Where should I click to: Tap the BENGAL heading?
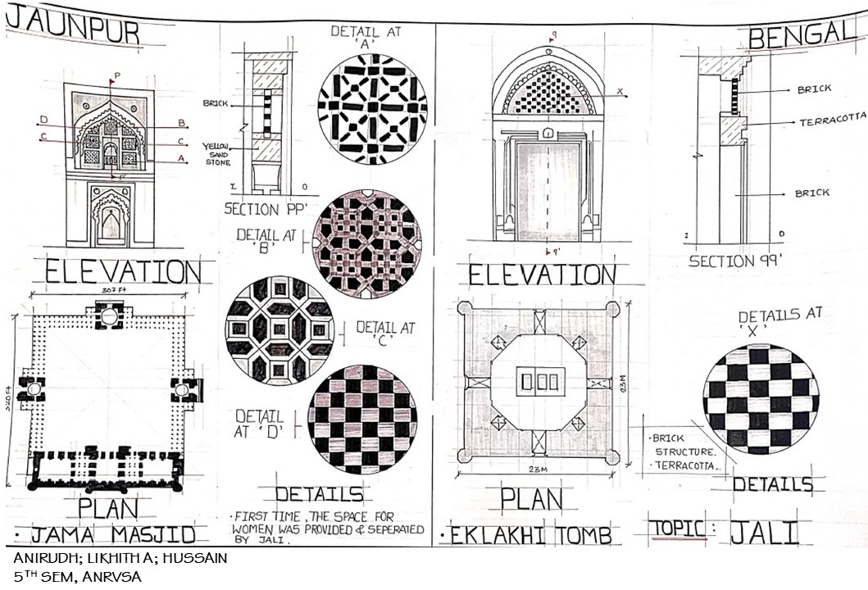pyautogui.click(x=802, y=36)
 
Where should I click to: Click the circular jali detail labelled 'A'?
pyautogui.click(x=372, y=110)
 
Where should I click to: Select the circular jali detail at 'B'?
pyautogui.click(x=366, y=243)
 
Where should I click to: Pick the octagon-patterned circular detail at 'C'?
pyautogui.click(x=279, y=329)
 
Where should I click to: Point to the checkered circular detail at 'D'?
pyautogui.click(x=362, y=419)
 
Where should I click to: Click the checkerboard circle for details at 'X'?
pyautogui.click(x=760, y=398)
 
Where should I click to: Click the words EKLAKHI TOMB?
pyautogui.click(x=531, y=536)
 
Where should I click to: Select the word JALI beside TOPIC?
pyautogui.click(x=763, y=533)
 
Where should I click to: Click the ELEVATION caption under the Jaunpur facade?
pyautogui.click(x=122, y=272)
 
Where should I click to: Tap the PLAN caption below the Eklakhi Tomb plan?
pyautogui.click(x=531, y=498)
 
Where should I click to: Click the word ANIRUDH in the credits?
pyautogui.click(x=43, y=559)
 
